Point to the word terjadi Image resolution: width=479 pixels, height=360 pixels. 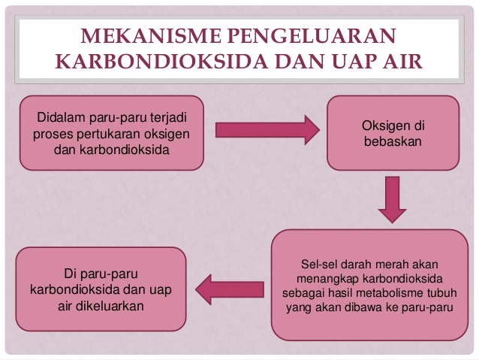tap(170, 119)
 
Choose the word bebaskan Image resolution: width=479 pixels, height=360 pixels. tap(391, 141)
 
